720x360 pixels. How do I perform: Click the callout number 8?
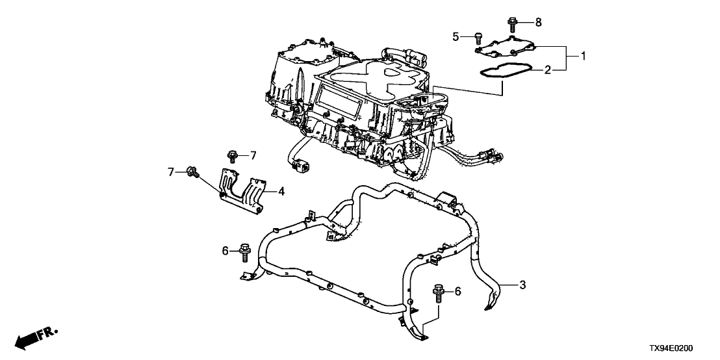point(538,23)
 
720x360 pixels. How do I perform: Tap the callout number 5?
point(456,36)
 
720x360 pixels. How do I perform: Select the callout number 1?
point(583,57)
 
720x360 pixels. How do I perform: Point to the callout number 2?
point(547,70)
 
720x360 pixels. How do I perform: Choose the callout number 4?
point(281,191)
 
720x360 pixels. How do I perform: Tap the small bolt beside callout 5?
point(478,36)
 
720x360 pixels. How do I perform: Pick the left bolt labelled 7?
point(192,172)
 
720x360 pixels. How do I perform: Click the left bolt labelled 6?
point(246,249)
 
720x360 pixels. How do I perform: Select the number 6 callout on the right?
point(457,292)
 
